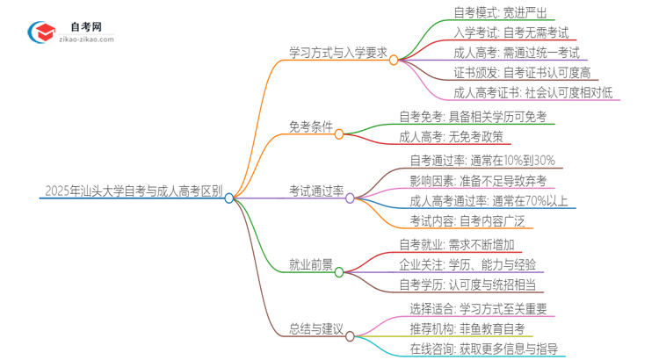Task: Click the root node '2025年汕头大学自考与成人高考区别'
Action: (x=132, y=190)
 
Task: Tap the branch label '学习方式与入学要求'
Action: (x=337, y=51)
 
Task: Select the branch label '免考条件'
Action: (x=310, y=126)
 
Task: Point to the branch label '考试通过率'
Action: (x=315, y=190)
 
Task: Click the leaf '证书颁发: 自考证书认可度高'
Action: (x=522, y=71)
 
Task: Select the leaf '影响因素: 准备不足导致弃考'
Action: (x=478, y=180)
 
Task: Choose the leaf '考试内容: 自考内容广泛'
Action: (x=466, y=220)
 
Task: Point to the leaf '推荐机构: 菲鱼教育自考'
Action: (x=467, y=328)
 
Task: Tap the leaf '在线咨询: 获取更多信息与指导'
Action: (x=484, y=349)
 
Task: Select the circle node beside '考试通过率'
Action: (x=350, y=198)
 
